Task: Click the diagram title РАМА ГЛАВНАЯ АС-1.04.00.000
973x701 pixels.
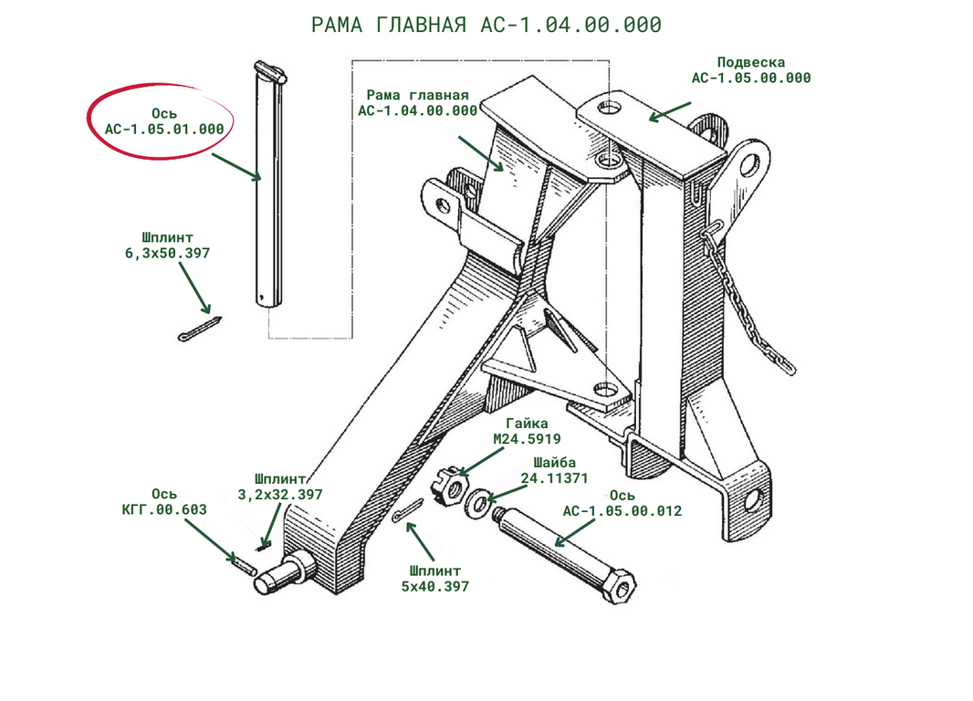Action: point(485,26)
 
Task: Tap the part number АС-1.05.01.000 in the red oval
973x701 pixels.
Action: point(164,129)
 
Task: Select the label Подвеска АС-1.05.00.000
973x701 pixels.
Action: point(750,70)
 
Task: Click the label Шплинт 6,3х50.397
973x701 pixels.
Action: point(167,245)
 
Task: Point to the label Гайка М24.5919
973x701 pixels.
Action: point(527,431)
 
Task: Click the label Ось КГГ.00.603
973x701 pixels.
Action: point(164,502)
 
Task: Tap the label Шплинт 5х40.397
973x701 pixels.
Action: point(434,579)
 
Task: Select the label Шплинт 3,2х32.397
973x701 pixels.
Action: point(280,487)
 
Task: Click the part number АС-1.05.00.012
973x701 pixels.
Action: point(622,511)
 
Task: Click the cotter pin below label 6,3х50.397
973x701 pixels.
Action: point(200,329)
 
